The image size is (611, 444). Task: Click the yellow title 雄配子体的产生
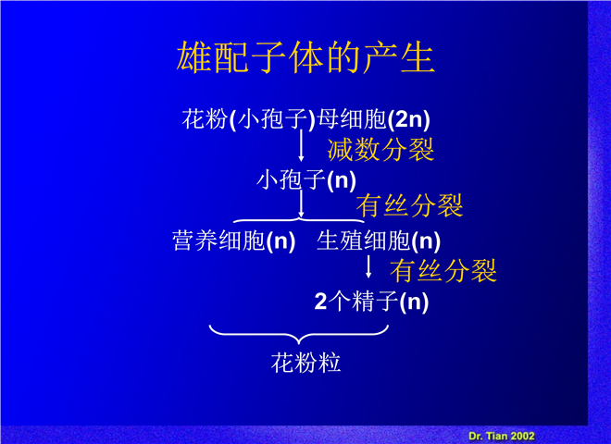coord(305,57)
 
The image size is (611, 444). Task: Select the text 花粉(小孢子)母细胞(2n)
coord(306,119)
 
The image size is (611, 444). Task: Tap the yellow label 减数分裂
coord(380,150)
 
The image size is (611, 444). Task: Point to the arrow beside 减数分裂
coord(301,145)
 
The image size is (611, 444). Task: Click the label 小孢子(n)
coord(306,180)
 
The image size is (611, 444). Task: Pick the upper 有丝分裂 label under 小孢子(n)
coord(409,205)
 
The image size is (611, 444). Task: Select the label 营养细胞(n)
coord(234,240)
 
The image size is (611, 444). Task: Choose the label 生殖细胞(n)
coord(379,240)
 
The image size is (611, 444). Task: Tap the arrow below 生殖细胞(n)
coord(368,266)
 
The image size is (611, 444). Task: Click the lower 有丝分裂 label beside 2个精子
coord(443,271)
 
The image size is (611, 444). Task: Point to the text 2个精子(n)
coord(371,302)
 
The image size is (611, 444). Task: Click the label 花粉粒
coord(305,363)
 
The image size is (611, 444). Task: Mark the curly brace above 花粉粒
coord(299,335)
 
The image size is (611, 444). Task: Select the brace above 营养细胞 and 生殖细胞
coord(299,220)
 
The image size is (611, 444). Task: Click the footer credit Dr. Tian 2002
coord(502,436)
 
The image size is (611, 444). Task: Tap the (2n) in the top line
coord(409,119)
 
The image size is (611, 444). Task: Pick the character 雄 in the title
coord(193,57)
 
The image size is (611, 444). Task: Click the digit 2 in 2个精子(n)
coord(320,302)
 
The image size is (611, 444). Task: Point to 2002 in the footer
coord(522,436)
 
